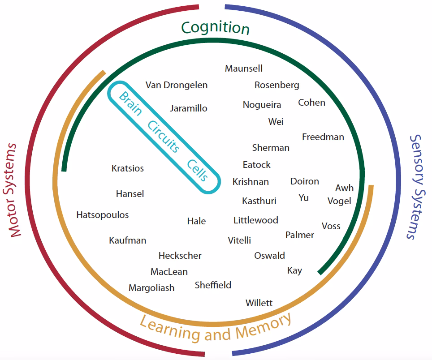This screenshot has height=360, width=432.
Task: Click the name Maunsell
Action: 244,69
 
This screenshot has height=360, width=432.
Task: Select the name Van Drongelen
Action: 177,85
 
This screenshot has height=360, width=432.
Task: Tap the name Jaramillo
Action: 189,108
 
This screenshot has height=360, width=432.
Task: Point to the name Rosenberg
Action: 277,85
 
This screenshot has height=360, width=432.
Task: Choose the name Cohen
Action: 311,103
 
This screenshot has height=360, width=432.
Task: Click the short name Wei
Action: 276,122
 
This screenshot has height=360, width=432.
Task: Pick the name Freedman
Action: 323,137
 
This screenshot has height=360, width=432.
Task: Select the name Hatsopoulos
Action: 103,215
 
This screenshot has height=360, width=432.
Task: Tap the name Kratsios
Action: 128,169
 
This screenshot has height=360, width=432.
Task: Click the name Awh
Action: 344,188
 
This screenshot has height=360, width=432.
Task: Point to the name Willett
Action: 259,303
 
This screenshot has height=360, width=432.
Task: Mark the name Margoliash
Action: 151,288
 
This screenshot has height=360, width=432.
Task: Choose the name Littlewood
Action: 256,220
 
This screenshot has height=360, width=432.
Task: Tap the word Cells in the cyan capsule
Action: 198,170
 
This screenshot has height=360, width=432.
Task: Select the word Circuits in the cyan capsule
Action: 164,137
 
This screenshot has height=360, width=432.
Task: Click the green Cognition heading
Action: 215,28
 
